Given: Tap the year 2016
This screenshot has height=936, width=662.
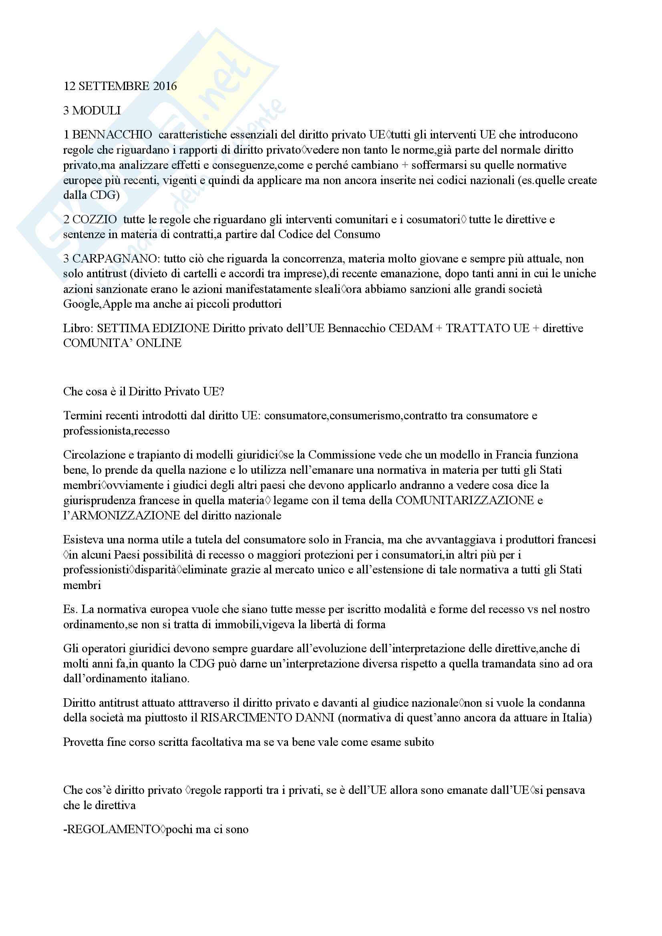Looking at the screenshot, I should click(x=165, y=86).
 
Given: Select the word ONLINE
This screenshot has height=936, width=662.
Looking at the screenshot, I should click(x=159, y=343).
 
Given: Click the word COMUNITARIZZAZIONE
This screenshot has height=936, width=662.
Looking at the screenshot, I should click(x=465, y=500).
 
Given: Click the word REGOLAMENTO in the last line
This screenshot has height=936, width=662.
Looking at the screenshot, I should click(x=113, y=829).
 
